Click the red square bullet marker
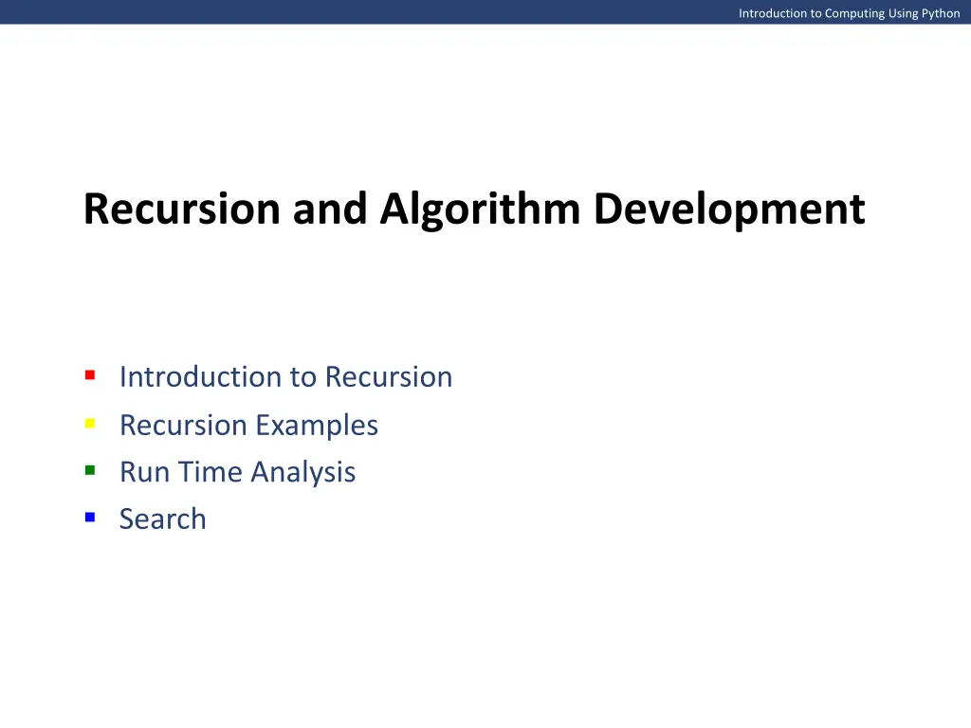click(x=89, y=375)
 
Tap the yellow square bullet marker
click(x=89, y=424)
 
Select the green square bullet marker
click(x=89, y=470)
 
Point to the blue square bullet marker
click(x=89, y=518)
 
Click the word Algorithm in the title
click(x=482, y=209)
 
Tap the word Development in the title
click(x=729, y=209)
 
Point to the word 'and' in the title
click(x=330, y=209)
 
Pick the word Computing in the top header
click(x=854, y=13)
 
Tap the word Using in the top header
click(x=903, y=13)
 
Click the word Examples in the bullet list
click(x=316, y=426)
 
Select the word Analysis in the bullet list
click(x=302, y=472)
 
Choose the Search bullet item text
click(x=162, y=519)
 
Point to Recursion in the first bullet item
click(x=388, y=377)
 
